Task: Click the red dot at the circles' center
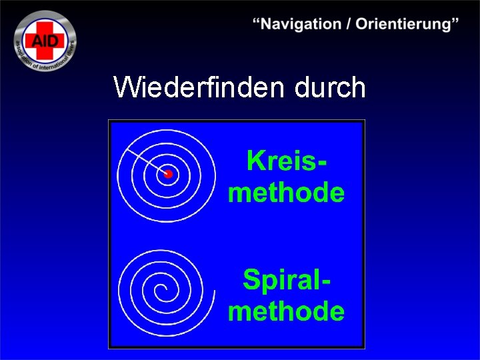point(168,173)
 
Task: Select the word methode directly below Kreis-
point(287,193)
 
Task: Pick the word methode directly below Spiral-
point(287,311)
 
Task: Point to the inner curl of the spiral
point(160,291)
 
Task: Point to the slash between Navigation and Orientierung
point(349,24)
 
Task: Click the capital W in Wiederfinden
point(127,87)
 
